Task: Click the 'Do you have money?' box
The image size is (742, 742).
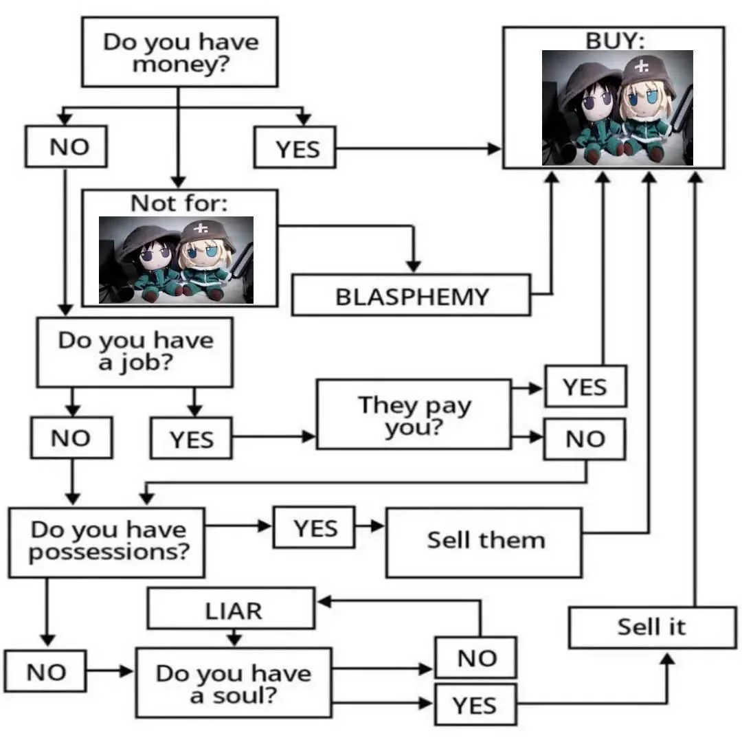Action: click(x=179, y=52)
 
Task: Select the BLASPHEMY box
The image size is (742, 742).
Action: click(x=412, y=295)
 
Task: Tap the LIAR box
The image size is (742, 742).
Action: click(x=232, y=609)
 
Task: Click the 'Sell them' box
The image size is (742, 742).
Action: click(x=484, y=542)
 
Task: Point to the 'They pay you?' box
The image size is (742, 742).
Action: click(x=414, y=414)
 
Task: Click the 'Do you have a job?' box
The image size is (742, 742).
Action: click(x=135, y=352)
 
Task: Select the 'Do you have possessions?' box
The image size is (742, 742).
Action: click(x=106, y=542)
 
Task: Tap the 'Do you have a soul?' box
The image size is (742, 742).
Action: click(x=233, y=684)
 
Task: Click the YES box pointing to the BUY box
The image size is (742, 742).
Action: click(x=295, y=148)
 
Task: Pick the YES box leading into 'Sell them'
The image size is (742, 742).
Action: click(x=315, y=528)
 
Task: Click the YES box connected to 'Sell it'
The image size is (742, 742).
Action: click(x=475, y=704)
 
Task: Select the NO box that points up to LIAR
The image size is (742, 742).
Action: click(x=476, y=657)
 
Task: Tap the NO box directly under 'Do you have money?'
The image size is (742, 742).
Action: click(x=67, y=146)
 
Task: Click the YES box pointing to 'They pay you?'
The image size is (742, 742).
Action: click(x=191, y=439)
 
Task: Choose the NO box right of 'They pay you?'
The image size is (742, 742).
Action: click(x=585, y=439)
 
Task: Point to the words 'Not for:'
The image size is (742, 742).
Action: click(x=179, y=203)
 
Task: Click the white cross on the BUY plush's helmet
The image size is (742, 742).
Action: click(x=642, y=67)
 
